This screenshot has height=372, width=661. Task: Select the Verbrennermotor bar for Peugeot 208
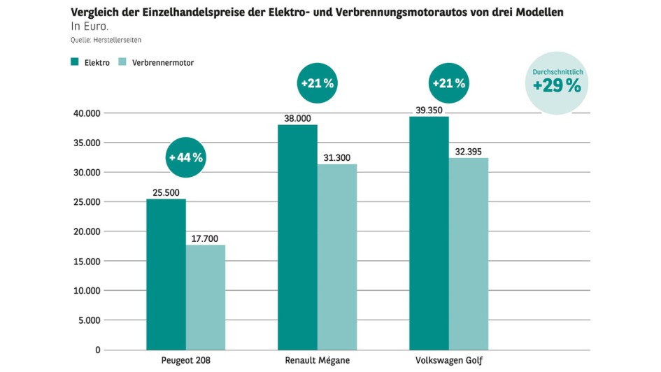pos(205,297)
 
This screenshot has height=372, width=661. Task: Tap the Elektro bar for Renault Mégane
pos(297,237)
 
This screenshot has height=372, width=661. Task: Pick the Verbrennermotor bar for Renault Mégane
pos(337,257)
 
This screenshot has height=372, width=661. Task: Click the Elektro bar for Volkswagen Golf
pos(429,233)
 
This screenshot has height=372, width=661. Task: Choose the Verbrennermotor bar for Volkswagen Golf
pos(469,253)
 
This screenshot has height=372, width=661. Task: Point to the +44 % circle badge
pos(185,157)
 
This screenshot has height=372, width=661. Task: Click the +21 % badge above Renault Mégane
pos(318,83)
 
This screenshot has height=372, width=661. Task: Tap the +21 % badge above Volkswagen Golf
pos(448,83)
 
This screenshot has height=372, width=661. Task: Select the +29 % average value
pos(557,86)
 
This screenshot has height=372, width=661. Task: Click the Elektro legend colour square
pos(74,62)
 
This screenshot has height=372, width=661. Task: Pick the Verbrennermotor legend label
pos(163,63)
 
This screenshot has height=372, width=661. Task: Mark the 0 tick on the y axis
pos(97,350)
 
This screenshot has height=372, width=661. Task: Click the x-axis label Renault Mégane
pos(317,361)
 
